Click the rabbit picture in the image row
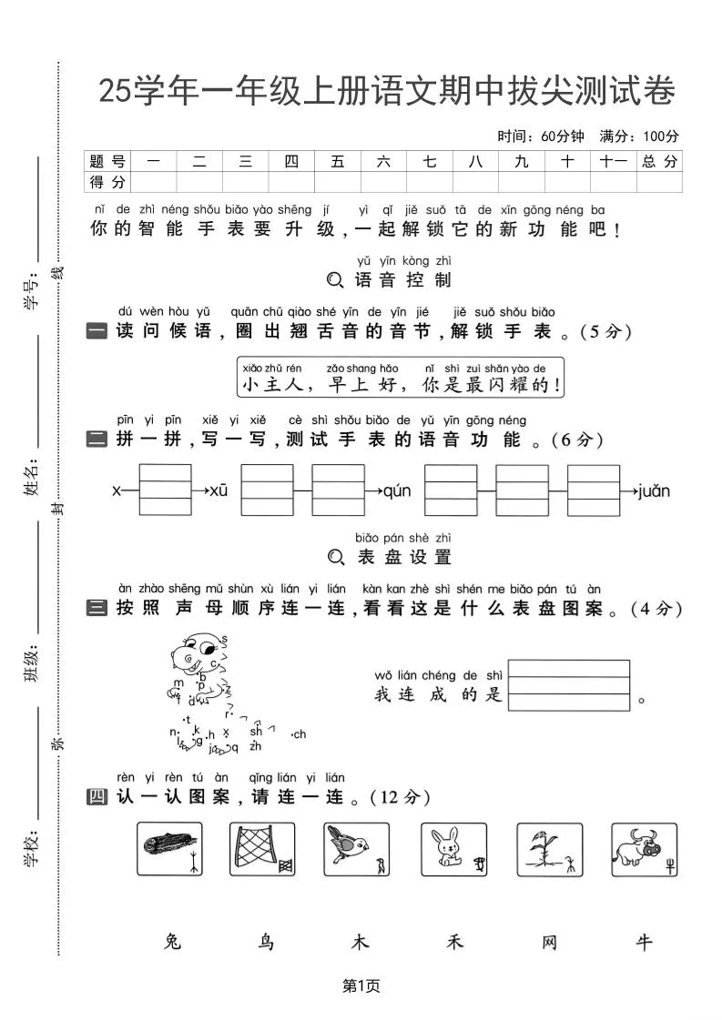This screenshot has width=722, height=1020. click(453, 850)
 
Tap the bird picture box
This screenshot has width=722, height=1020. click(357, 850)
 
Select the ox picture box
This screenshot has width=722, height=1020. click(644, 850)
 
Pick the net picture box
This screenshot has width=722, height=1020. click(262, 850)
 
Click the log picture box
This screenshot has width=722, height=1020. click(169, 850)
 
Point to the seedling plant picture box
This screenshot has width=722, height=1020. click(549, 850)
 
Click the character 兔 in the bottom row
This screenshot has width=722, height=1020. click(172, 942)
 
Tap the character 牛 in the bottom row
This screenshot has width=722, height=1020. click(644, 942)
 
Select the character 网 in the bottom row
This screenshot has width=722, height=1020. click(549, 942)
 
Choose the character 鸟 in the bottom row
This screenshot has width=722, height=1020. click(266, 942)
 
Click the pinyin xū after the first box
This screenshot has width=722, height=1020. click(219, 491)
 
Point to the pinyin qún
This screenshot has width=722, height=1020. click(397, 491)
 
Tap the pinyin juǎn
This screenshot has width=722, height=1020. click(654, 491)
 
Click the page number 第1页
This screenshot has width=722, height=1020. click(361, 985)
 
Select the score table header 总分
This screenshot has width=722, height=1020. click(659, 161)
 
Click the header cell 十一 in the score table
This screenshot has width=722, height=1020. click(614, 161)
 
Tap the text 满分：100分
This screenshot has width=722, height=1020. click(639, 136)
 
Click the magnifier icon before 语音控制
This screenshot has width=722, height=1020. click(335, 280)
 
